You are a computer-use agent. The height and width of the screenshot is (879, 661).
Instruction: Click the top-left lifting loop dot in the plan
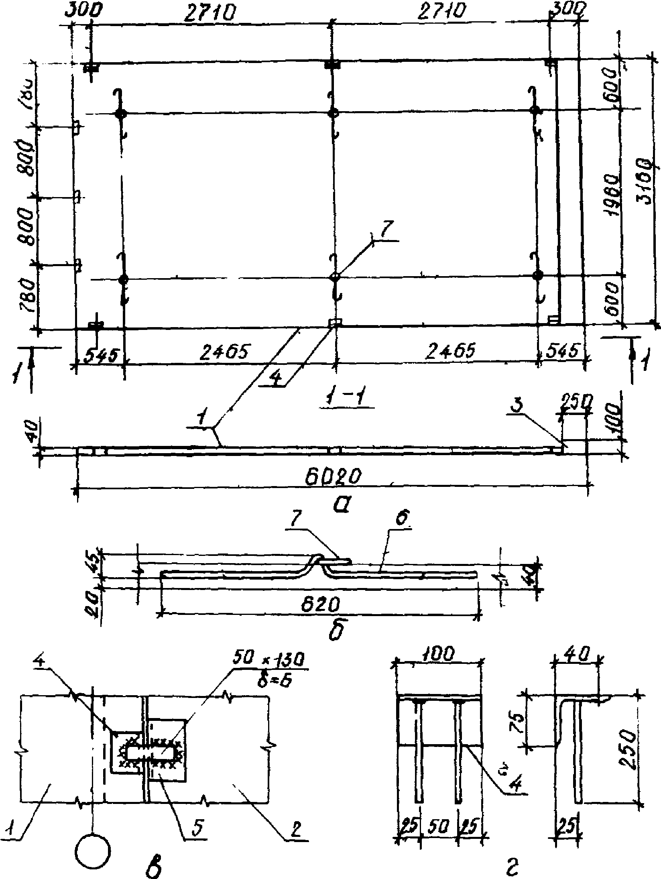[120, 114]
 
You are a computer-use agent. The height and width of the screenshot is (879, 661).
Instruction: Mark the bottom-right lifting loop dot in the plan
[538, 275]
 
